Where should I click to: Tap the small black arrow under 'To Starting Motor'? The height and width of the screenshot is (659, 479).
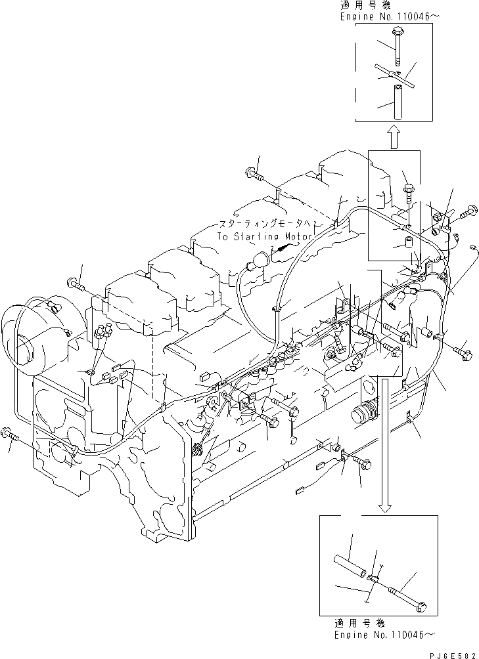[283, 248]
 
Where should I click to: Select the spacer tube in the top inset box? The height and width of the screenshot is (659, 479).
[399, 102]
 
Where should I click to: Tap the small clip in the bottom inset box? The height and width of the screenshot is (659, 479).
[373, 578]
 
